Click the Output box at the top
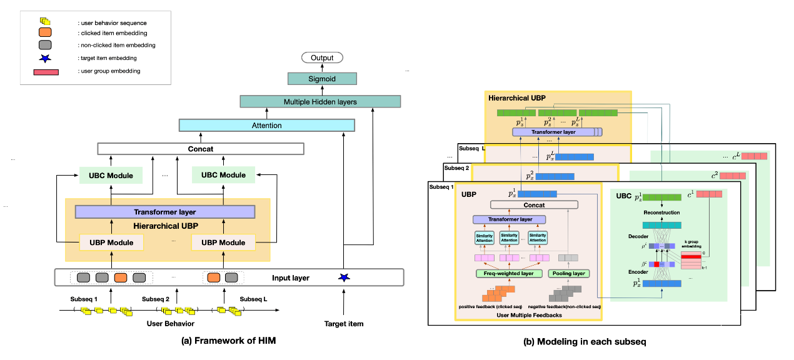tap(323, 58)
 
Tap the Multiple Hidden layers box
tap(319, 101)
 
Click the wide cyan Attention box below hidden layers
tap(267, 125)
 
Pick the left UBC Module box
tap(111, 175)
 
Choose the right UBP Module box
tap(223, 242)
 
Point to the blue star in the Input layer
tap(343, 277)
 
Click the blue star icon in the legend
tap(45, 58)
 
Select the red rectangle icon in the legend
tap(46, 71)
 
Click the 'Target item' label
tap(344, 324)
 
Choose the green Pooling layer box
tap(568, 273)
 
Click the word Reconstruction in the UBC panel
tap(662, 212)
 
